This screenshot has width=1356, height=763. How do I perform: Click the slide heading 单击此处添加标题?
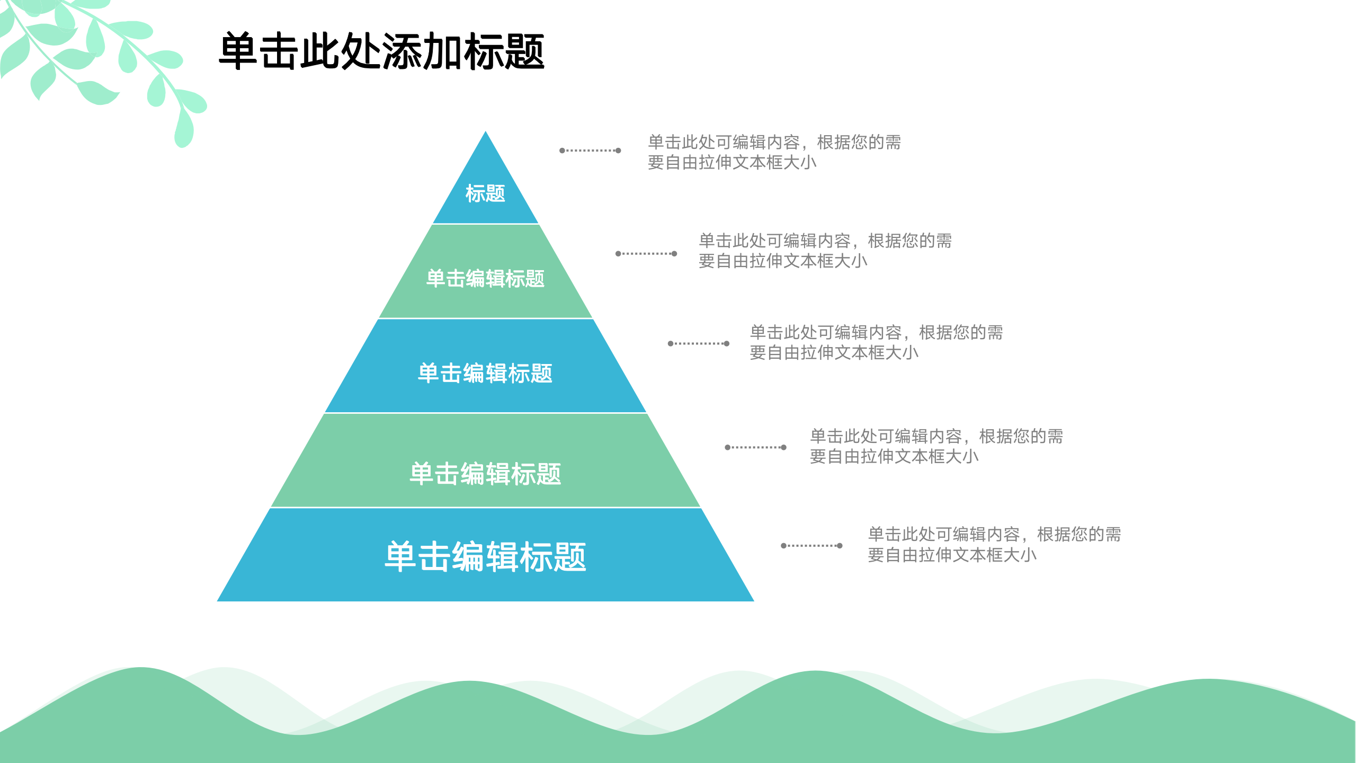[381, 51]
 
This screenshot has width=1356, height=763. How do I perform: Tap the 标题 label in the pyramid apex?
[485, 193]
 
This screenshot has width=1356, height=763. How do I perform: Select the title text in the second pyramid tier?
[485, 279]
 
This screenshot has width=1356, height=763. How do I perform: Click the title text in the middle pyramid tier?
[485, 373]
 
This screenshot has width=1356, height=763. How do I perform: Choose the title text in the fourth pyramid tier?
[485, 473]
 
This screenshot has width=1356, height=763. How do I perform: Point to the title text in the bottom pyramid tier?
[485, 556]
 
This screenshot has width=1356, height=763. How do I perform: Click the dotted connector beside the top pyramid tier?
[590, 150]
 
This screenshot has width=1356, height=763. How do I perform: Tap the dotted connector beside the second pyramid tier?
[646, 254]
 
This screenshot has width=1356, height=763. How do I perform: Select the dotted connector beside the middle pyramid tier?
[699, 343]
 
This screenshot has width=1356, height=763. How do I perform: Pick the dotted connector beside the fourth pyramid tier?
[755, 447]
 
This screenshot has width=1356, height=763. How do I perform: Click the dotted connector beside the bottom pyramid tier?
[811, 546]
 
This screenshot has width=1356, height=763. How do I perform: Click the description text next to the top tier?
[774, 152]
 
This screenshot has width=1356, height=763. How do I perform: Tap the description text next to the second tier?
[825, 251]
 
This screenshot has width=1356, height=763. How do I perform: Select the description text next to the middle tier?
[876, 342]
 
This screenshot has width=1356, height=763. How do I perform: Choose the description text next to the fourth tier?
[936, 446]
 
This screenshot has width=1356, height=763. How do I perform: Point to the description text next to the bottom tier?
[994, 544]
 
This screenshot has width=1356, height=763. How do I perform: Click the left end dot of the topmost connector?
[562, 150]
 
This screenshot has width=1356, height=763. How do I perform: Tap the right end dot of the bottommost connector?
[840, 546]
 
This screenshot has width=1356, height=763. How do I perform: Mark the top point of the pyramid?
[486, 132]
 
